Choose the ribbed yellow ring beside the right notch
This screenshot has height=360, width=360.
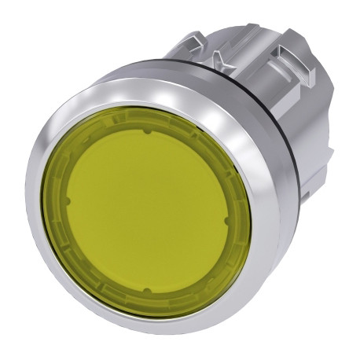pyautogui.click(x=240, y=222)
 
